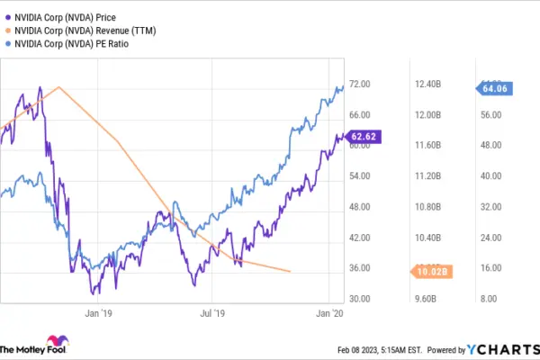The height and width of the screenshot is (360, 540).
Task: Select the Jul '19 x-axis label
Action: (x=212, y=313)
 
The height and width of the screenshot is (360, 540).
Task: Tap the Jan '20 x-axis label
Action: (x=329, y=313)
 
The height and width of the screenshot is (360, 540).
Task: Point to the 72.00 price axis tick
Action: (x=360, y=85)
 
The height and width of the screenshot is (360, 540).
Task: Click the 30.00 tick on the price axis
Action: (x=360, y=299)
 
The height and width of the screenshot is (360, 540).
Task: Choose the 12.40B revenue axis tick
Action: (x=426, y=85)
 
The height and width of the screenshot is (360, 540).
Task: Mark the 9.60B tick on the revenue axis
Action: (x=426, y=299)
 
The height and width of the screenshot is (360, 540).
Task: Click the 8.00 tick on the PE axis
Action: (x=489, y=299)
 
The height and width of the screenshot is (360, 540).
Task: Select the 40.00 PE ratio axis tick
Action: (x=489, y=176)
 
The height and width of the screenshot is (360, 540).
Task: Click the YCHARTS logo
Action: (x=498, y=349)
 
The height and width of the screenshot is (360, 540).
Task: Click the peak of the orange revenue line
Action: (x=59, y=87)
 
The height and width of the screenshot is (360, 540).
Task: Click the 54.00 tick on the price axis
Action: (x=360, y=176)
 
